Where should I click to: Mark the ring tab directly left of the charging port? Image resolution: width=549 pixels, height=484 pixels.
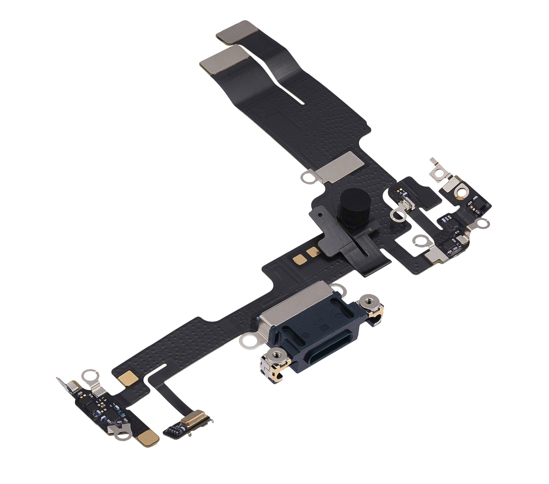tap(248, 342)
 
